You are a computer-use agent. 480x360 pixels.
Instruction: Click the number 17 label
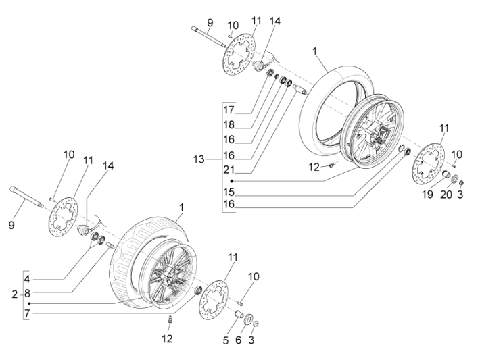coord(231,110)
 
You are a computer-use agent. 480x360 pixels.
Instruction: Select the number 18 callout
coord(231,124)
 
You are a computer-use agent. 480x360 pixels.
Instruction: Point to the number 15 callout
coord(231,192)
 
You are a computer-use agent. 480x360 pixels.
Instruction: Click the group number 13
coord(212,159)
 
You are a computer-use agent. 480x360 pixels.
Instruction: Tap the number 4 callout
coord(27,278)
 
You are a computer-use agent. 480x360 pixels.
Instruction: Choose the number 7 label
coord(27,314)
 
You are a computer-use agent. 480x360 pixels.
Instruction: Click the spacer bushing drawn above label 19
coord(446,176)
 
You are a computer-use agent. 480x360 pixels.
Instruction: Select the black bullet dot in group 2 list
coord(28,304)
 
